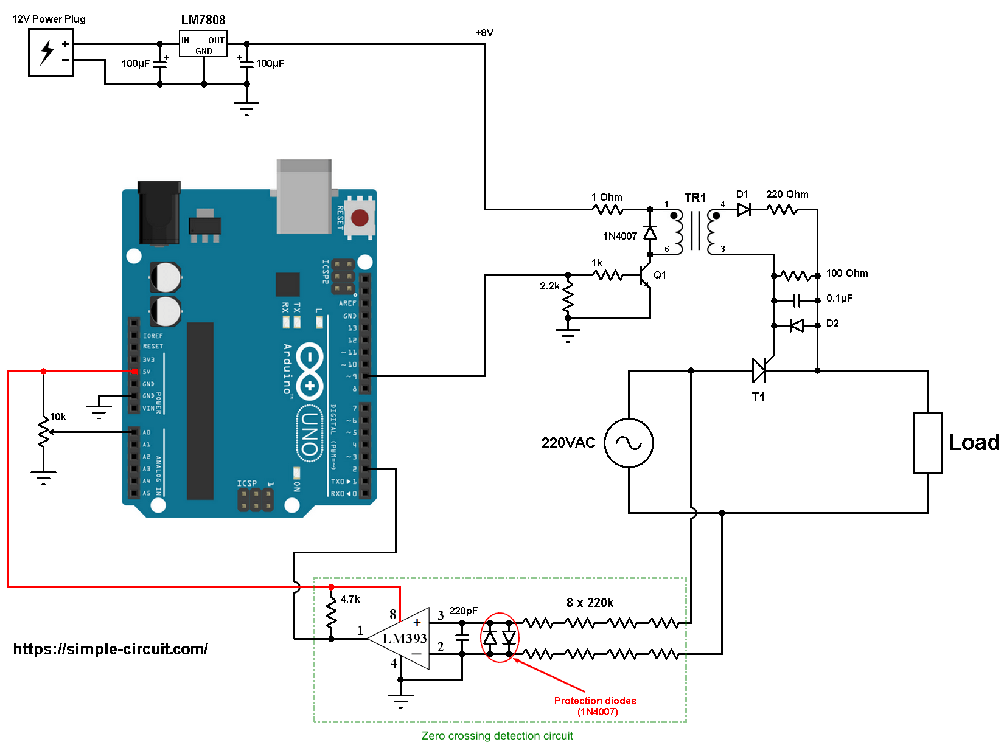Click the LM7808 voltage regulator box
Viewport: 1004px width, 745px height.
click(x=203, y=44)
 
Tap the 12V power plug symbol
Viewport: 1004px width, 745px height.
click(x=51, y=52)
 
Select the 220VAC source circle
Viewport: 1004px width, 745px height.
click(x=629, y=443)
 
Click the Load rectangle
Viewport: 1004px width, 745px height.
click(x=927, y=443)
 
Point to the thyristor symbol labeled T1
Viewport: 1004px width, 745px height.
click(x=759, y=370)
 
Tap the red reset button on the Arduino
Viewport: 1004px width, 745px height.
click(x=360, y=218)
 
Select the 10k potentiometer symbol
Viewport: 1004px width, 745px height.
click(x=44, y=432)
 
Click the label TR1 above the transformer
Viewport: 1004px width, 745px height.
click(x=695, y=198)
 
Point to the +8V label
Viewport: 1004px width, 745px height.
click(x=484, y=33)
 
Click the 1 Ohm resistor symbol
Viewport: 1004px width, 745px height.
click(x=607, y=209)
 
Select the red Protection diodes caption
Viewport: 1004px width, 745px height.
click(x=595, y=706)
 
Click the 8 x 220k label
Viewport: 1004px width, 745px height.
click(x=590, y=603)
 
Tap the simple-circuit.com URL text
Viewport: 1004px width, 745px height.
click(x=111, y=649)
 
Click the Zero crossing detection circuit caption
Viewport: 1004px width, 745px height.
click(x=497, y=736)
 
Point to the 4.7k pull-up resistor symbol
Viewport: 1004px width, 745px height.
click(x=331, y=612)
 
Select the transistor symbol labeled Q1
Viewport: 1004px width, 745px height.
click(x=646, y=275)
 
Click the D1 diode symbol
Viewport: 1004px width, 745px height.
click(x=744, y=209)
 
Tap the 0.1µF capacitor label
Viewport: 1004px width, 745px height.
click(x=839, y=299)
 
